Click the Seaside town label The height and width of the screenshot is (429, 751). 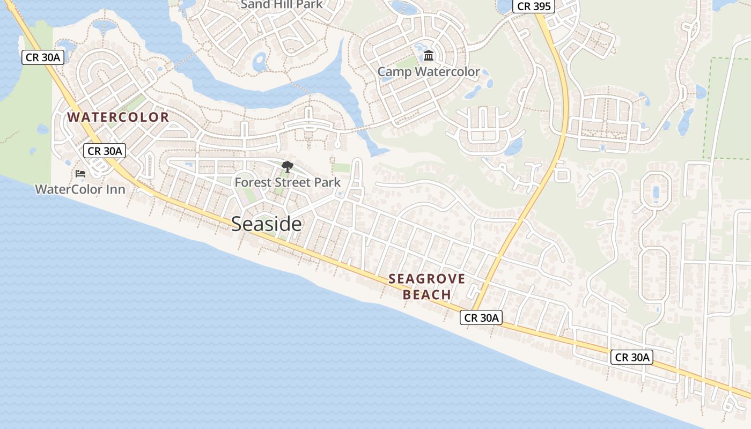[266, 224]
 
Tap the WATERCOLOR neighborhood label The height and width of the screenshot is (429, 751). [118, 117]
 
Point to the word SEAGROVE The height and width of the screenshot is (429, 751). [427, 279]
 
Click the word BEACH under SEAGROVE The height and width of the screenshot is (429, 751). [427, 295]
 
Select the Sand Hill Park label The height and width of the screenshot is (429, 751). [282, 5]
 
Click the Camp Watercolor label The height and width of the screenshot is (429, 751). [429, 72]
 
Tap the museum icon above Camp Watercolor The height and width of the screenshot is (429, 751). [429, 56]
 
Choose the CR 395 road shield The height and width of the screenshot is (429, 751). [533, 6]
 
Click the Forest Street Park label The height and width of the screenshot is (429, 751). [288, 182]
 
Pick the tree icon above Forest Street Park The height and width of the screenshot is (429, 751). [288, 167]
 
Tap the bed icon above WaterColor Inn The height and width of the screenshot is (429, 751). [80, 174]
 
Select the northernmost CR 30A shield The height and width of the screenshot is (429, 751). [43, 57]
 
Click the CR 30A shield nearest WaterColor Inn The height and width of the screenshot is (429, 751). [105, 151]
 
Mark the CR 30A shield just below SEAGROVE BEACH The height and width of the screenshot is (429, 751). [481, 318]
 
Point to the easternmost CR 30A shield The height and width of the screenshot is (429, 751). [631, 357]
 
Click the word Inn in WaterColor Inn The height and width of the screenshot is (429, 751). [115, 189]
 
